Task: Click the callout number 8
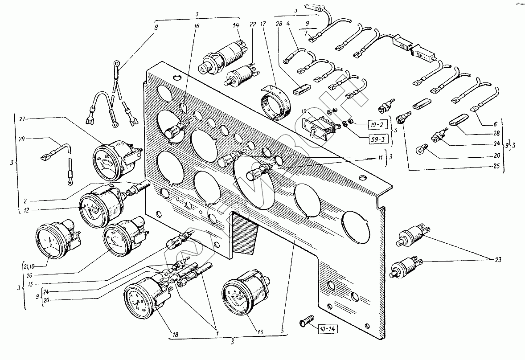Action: tap(156, 28)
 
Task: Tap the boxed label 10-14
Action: tap(328, 330)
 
